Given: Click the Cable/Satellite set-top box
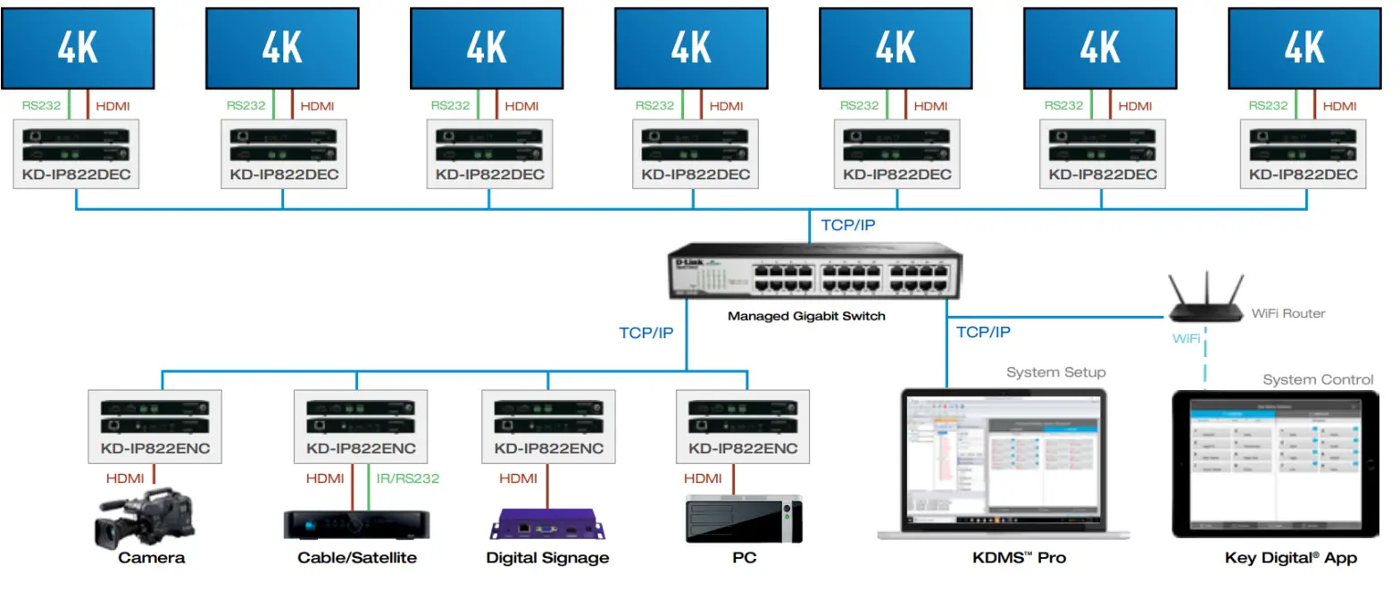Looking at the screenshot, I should pyautogui.click(x=356, y=523).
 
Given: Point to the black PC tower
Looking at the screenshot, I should pyautogui.click(x=743, y=519).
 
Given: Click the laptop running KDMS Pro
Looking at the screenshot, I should pyautogui.click(x=1005, y=463).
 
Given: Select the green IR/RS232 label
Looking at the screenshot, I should pyautogui.click(x=408, y=478).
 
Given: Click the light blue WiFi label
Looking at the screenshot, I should pyautogui.click(x=1187, y=339).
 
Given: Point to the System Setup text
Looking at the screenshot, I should pyautogui.click(x=1055, y=372).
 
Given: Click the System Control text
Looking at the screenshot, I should pyautogui.click(x=1318, y=379).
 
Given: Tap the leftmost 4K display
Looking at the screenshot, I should pyautogui.click(x=78, y=48).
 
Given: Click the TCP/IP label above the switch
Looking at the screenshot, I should pyautogui.click(x=847, y=225).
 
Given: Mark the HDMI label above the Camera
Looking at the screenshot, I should pyautogui.click(x=125, y=478).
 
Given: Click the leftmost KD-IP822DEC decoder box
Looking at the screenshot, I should pyautogui.click(x=78, y=154).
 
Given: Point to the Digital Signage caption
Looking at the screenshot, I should pyautogui.click(x=547, y=558).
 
